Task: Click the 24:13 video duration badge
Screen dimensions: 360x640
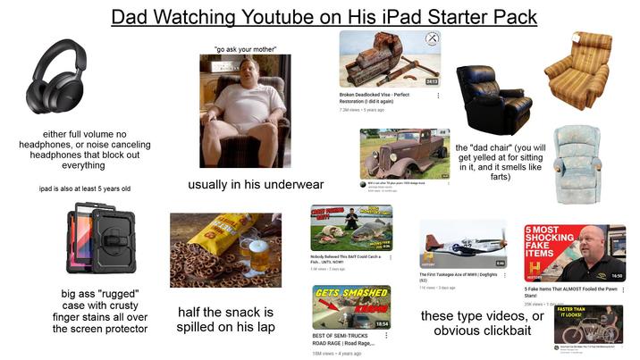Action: tap(431, 81)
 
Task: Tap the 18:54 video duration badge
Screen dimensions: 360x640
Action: tap(379, 322)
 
